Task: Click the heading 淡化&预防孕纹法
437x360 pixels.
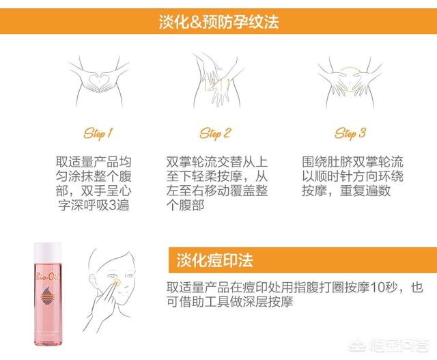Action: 218,22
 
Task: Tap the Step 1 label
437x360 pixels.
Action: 98,133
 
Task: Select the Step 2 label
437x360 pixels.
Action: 215,133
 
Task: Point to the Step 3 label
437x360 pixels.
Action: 350,133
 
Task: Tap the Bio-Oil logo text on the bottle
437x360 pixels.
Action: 47,277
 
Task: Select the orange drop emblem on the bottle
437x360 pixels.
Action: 47,296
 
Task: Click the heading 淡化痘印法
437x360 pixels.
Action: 214,260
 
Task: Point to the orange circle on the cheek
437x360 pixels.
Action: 117,283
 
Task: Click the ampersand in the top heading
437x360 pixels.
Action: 196,22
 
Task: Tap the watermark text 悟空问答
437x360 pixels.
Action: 399,346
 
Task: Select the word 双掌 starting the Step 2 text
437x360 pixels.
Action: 179,162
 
